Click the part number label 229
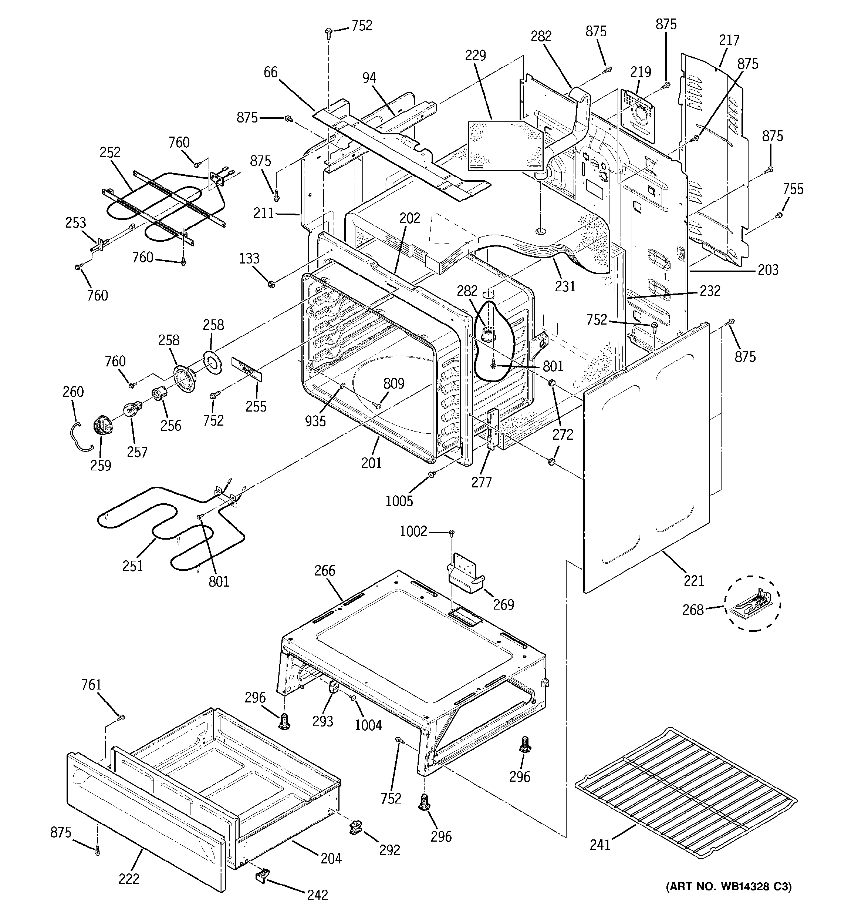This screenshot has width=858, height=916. click(475, 55)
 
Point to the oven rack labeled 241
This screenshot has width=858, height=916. click(686, 797)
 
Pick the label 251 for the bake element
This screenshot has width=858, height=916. click(133, 566)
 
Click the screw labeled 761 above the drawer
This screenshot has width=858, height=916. click(121, 717)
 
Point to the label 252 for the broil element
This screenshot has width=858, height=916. click(110, 152)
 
